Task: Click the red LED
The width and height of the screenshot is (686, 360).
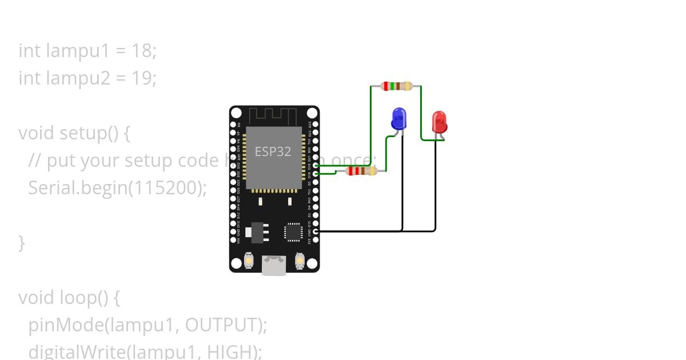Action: (x=439, y=122)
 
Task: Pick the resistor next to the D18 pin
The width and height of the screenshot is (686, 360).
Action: (x=361, y=170)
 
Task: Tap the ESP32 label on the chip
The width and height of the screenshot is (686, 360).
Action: (x=273, y=151)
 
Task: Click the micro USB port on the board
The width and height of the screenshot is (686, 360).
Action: (x=274, y=265)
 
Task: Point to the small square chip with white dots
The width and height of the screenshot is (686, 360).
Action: (x=294, y=232)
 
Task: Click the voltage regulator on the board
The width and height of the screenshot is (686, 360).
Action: (x=255, y=232)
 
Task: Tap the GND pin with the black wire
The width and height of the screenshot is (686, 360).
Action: (x=316, y=231)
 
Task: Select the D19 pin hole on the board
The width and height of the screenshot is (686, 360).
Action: (x=316, y=165)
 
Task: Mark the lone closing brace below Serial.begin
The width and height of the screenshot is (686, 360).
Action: (x=22, y=242)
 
